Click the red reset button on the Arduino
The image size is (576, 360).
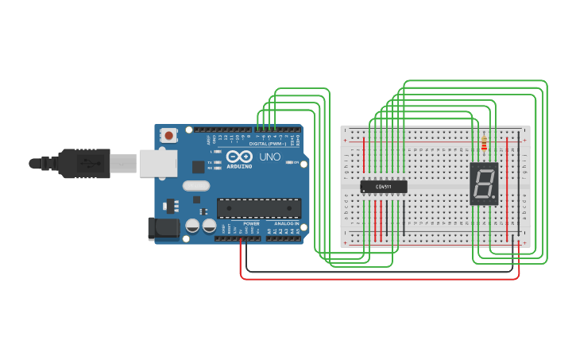pyautogui.click(x=168, y=135)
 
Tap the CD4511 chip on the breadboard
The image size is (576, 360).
pyautogui.click(x=384, y=187)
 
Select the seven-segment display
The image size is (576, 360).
pyautogui.click(x=484, y=184)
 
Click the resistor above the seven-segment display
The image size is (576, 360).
pyautogui.click(x=484, y=144)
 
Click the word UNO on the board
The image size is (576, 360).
pyautogui.click(x=270, y=157)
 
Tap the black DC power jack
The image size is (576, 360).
pyautogui.click(x=164, y=228)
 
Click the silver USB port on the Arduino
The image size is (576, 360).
pyautogui.click(x=157, y=163)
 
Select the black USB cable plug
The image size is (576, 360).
pyautogui.click(x=83, y=163)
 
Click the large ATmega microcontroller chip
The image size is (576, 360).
pyautogui.click(x=259, y=208)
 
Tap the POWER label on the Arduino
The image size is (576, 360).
pyautogui.click(x=251, y=224)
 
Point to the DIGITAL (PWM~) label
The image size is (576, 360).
pyautogui.click(x=268, y=144)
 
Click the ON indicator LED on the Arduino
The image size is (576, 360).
pyautogui.click(x=290, y=163)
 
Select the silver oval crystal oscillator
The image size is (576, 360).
pyautogui.click(x=195, y=186)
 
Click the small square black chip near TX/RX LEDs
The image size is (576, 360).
pyautogui.click(x=198, y=166)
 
